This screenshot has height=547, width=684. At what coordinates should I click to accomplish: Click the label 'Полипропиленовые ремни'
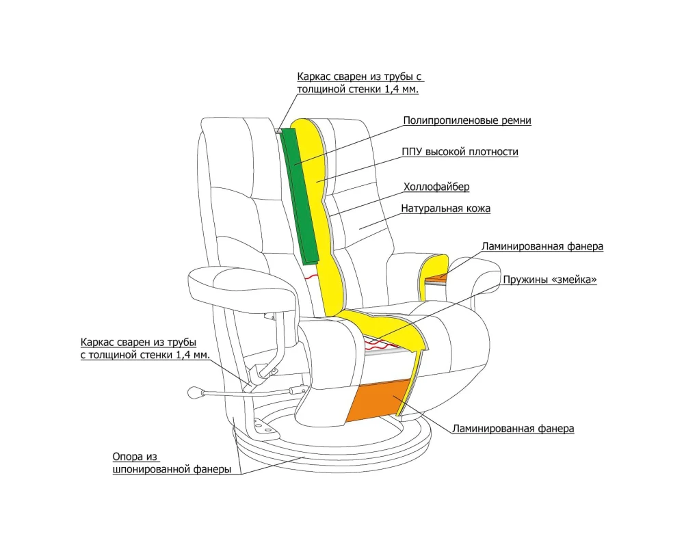click(x=466, y=121)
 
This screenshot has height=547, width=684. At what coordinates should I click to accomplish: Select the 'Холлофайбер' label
click(x=436, y=186)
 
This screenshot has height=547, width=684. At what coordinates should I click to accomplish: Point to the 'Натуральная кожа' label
click(x=445, y=208)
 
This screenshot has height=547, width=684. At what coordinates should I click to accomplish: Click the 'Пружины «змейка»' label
click(x=550, y=280)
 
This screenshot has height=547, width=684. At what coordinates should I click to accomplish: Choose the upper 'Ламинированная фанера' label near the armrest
click(x=542, y=246)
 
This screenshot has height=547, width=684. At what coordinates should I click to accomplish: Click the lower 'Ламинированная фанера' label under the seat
click(x=512, y=429)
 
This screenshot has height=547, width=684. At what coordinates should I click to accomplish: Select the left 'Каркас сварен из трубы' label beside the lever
click(x=144, y=348)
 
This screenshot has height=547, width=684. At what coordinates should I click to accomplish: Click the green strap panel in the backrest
click(x=300, y=195)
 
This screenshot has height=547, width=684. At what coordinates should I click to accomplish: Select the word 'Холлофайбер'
click(x=436, y=186)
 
